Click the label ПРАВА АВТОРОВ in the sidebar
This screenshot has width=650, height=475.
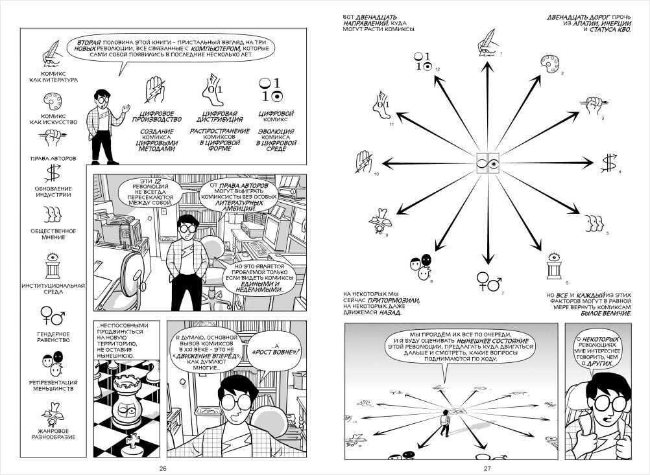pos(51,157)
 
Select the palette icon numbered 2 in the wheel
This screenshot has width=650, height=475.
pos(549,64)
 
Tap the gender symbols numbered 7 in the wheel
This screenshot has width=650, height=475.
pos(488,280)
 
